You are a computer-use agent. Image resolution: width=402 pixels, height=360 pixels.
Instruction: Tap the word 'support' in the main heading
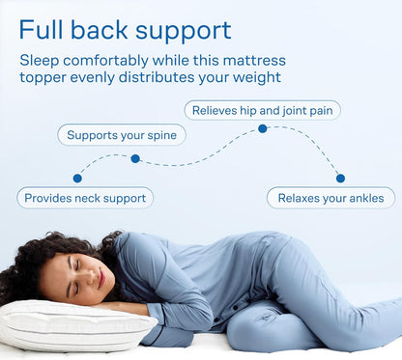183,31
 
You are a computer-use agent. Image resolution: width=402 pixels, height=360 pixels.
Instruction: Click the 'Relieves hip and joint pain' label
262,110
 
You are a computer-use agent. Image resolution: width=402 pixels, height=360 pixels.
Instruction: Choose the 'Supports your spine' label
122,134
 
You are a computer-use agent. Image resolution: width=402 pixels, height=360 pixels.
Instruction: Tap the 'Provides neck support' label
85,198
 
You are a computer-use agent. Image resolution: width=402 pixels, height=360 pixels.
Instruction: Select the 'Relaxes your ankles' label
330,198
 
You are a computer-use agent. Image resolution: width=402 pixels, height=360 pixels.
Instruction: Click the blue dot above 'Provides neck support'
77,178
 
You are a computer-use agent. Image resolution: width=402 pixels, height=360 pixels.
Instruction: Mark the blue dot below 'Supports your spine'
135,158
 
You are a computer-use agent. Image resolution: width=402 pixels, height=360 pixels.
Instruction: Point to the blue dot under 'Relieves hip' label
263,128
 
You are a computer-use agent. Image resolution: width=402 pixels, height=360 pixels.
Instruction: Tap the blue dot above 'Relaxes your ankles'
340,178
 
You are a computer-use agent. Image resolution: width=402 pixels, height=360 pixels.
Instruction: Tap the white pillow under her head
68,328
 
